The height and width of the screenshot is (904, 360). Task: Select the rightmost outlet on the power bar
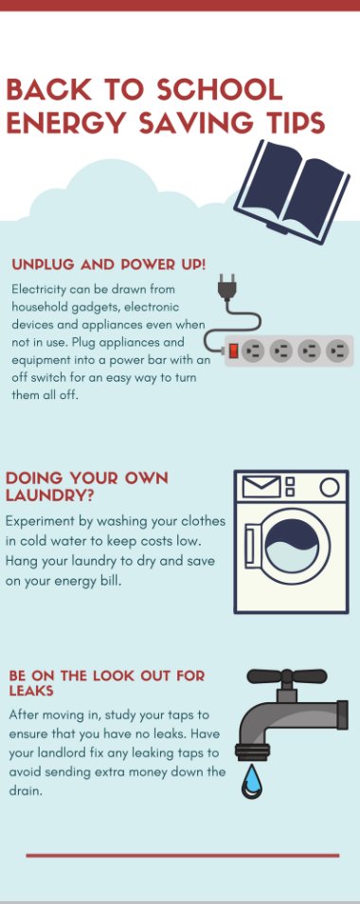tap(337, 351)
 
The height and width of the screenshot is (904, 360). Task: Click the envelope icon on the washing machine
tap(261, 487)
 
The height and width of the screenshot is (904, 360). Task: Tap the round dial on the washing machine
tap(329, 487)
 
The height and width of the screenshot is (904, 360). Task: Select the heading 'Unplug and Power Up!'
tap(108, 264)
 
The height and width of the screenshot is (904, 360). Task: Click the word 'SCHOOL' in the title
tap(220, 90)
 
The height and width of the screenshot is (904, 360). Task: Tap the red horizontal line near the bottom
tap(182, 855)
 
